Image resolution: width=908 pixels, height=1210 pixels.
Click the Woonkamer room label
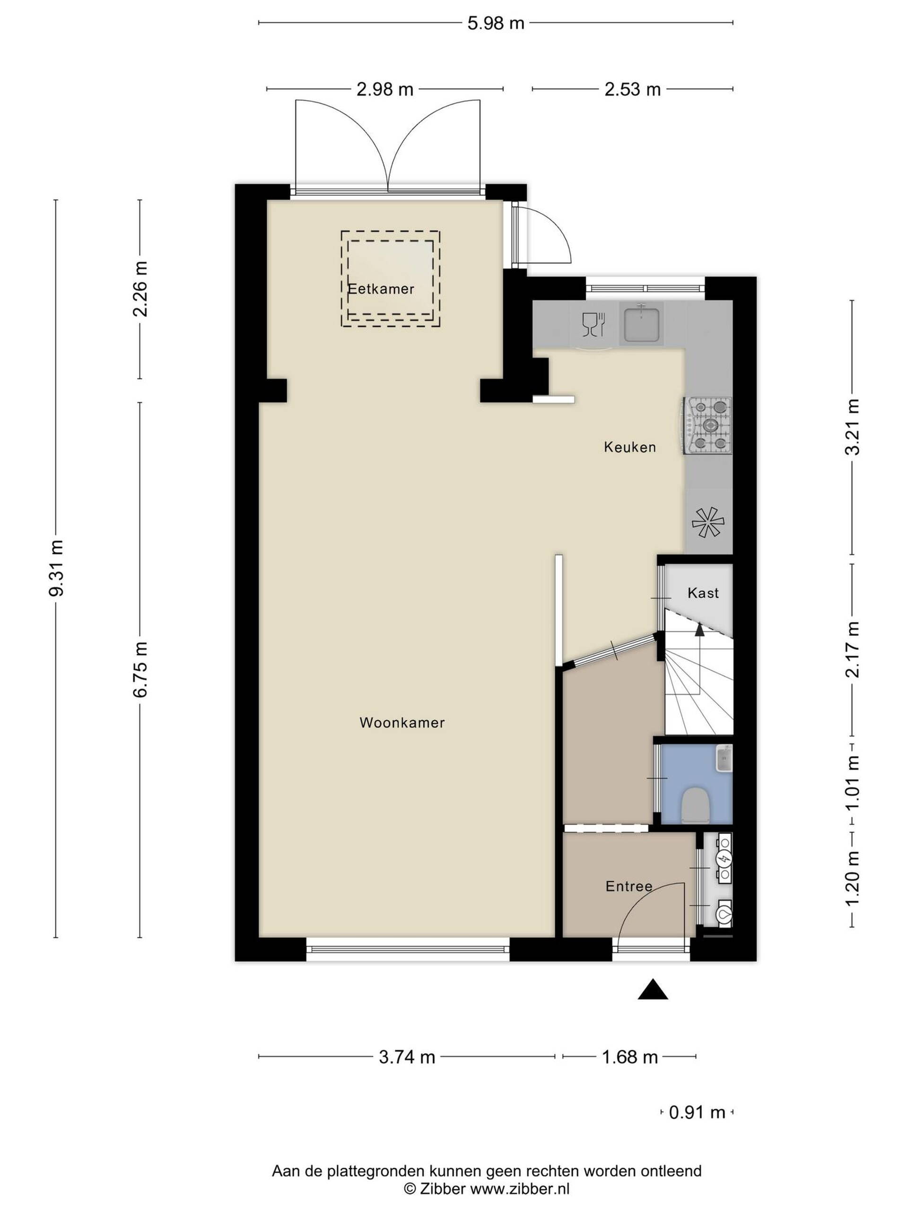(x=402, y=723)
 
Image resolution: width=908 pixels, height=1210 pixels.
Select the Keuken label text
(x=629, y=447)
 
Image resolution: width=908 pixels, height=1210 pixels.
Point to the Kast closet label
(x=703, y=593)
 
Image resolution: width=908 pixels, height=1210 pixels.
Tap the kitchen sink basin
(x=641, y=323)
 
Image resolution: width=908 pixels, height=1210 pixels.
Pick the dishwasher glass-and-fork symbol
(x=594, y=324)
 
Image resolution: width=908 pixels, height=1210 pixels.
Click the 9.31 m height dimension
(x=56, y=568)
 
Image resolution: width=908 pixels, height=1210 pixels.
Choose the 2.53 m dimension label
(x=632, y=89)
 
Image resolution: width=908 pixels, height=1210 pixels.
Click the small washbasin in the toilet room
(x=724, y=758)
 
